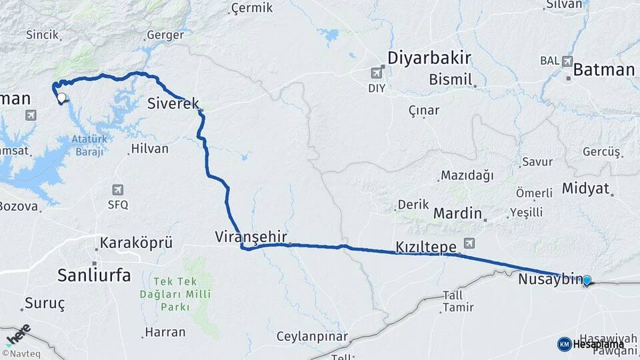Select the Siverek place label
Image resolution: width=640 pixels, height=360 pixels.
click(x=173, y=103)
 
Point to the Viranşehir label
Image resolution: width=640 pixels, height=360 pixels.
click(x=251, y=236)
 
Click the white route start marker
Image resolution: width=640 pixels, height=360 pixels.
click(x=61, y=98)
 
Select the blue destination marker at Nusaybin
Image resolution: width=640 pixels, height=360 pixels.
click(x=587, y=281)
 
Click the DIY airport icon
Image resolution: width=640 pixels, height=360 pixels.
click(x=378, y=72)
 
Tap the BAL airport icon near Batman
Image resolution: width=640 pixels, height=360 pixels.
click(x=567, y=61)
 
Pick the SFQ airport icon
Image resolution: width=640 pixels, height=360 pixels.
click(x=118, y=190)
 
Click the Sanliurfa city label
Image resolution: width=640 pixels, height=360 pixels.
click(x=94, y=274)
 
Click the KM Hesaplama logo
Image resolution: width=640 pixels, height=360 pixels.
click(x=591, y=344)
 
